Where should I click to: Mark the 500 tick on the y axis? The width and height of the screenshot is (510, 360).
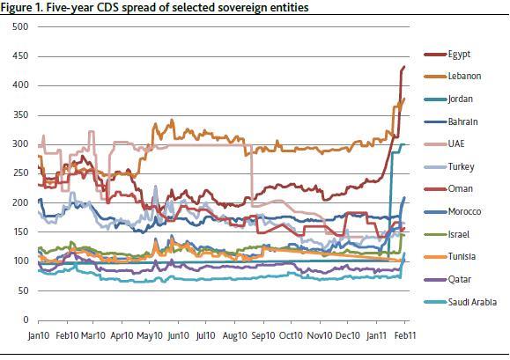coord(21,27)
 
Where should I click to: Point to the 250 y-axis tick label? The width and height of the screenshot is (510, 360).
coord(21,173)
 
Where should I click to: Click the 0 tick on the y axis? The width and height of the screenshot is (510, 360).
coord(26,320)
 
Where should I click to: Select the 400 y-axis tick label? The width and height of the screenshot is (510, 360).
coord(21,85)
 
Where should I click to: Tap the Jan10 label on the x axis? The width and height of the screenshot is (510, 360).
coord(39,336)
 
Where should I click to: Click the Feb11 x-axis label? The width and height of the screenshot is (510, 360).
coord(405,336)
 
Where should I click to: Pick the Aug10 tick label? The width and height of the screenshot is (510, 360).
coord(235,336)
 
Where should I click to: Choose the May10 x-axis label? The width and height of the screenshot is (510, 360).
coord(151,336)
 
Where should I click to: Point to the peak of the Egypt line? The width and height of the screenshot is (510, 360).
coord(403,67)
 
